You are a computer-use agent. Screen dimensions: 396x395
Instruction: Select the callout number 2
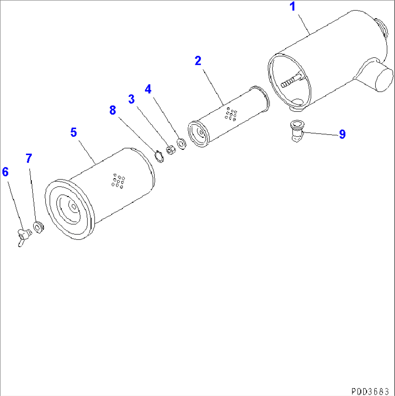(198, 61)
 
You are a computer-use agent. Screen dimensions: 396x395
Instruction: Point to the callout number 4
(148, 88)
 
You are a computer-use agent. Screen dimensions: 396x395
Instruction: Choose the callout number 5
(74, 133)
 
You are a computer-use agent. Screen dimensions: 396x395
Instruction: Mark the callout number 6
(5, 172)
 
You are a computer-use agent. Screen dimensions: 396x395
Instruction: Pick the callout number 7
(29, 158)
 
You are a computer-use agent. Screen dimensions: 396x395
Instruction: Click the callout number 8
(113, 111)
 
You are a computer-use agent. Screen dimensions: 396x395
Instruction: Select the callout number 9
(342, 134)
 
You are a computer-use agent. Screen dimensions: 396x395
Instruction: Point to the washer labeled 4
(181, 143)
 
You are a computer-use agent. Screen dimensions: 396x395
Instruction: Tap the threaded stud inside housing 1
(291, 81)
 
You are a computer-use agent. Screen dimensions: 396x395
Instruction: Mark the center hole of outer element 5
(74, 207)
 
